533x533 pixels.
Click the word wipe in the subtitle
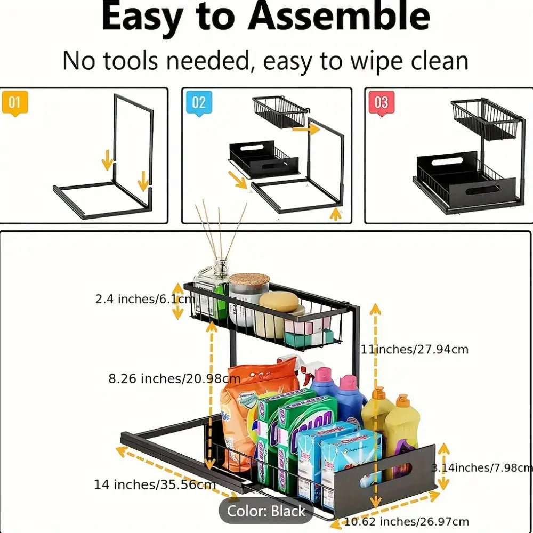(x=370, y=61)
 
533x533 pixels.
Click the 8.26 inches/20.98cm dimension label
(x=174, y=379)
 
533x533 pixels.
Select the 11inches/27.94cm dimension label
(x=415, y=350)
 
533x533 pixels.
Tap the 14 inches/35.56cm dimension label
(x=155, y=485)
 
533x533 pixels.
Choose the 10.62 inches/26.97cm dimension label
(x=406, y=521)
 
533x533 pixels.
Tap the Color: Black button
(x=266, y=511)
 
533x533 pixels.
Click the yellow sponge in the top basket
(x=278, y=302)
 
